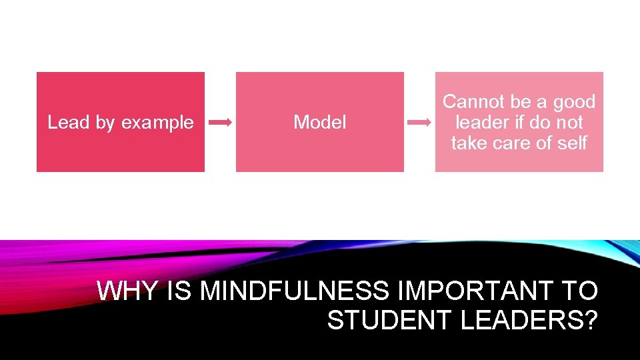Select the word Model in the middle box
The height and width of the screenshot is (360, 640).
(x=320, y=123)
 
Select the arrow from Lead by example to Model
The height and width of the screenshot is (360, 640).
(x=221, y=123)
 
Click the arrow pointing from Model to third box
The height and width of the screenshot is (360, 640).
(x=419, y=123)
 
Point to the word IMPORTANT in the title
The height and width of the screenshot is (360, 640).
(x=475, y=291)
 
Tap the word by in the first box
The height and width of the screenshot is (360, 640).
(x=105, y=123)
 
